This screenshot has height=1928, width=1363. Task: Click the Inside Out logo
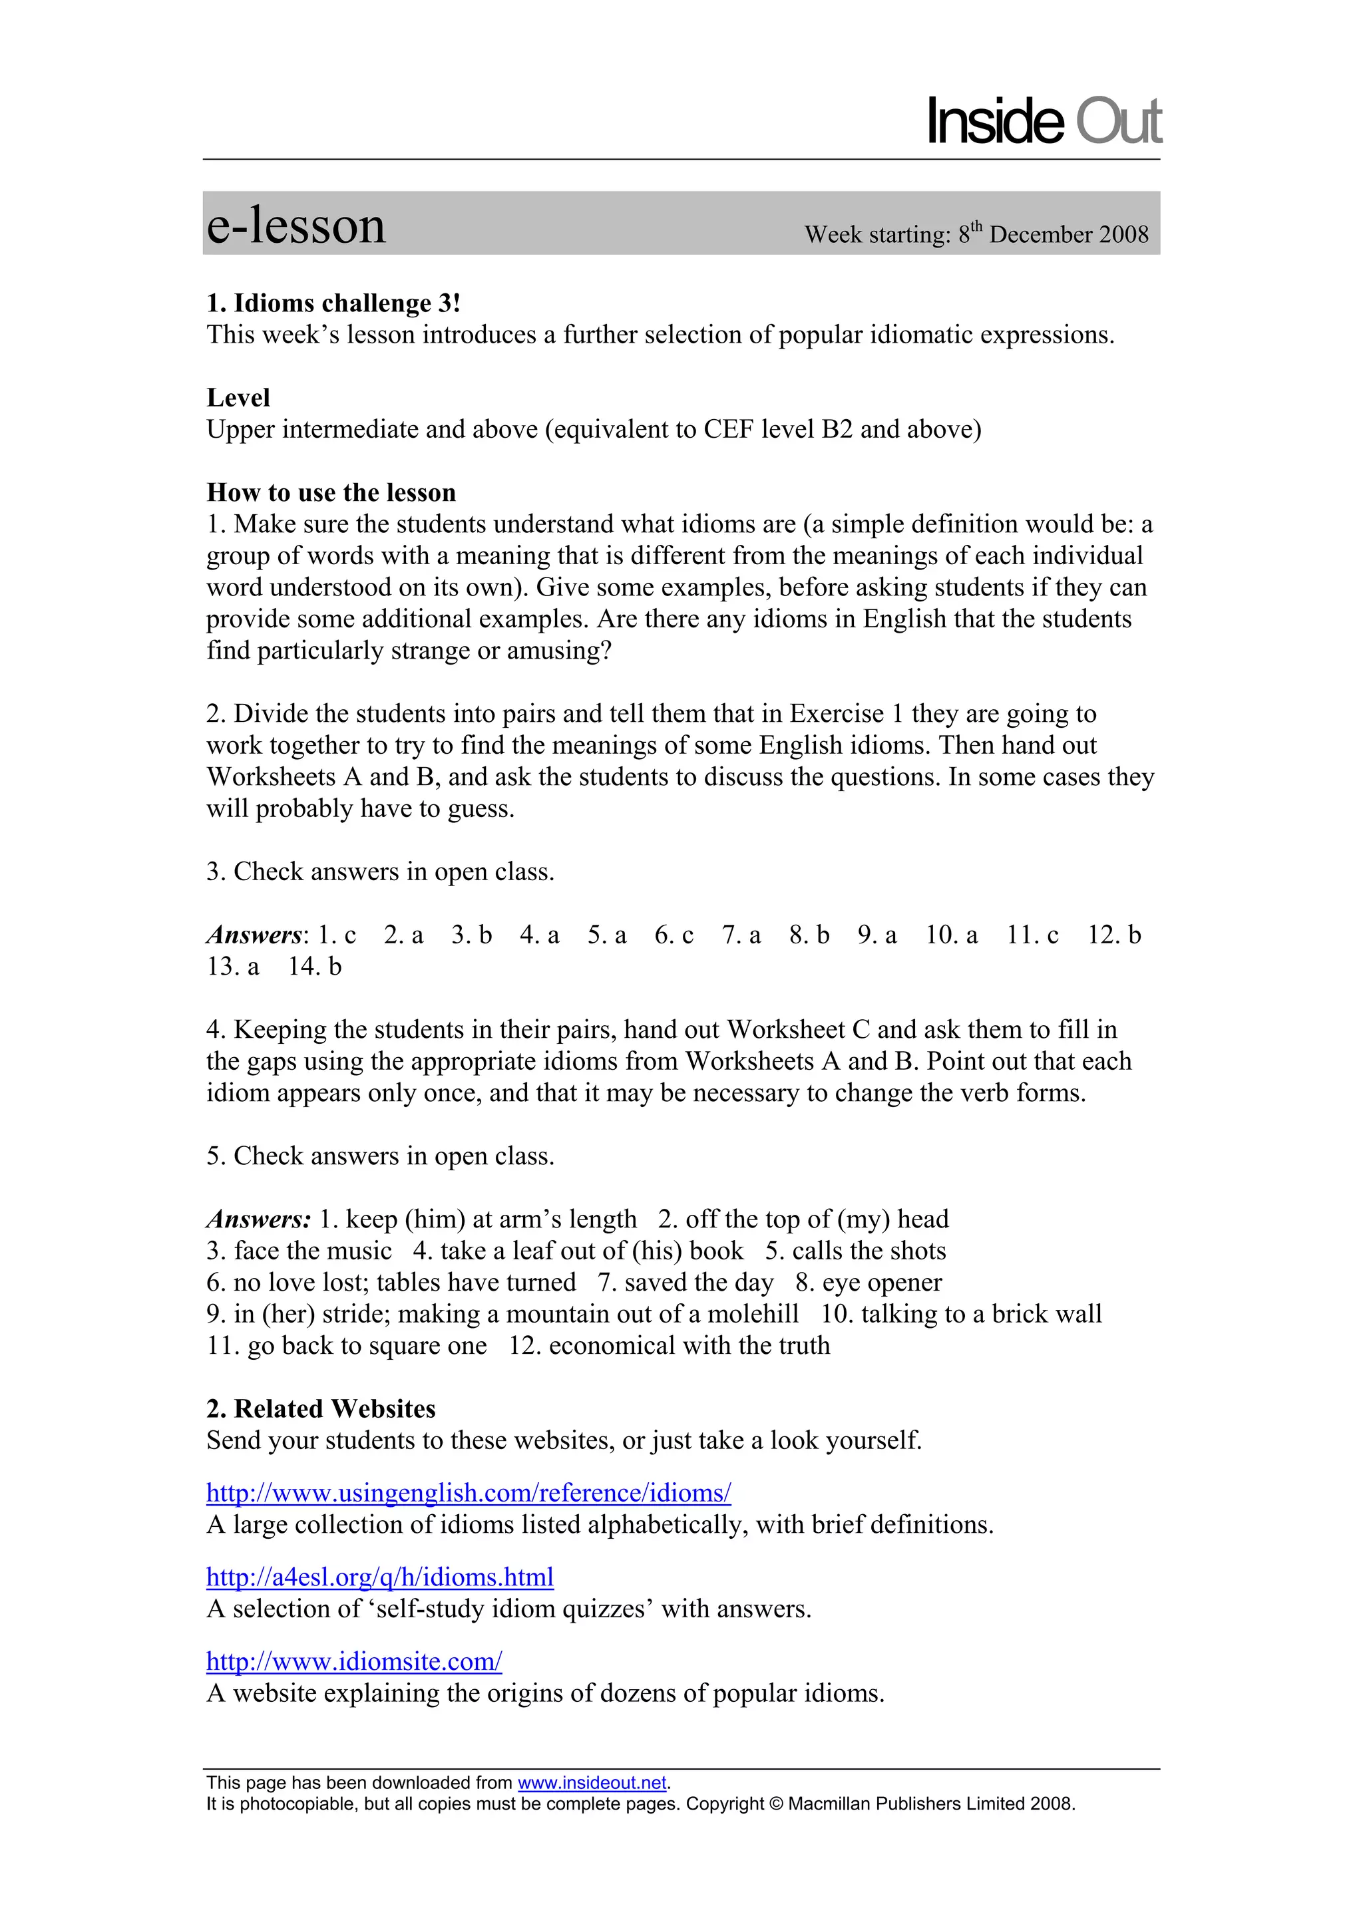tap(1043, 122)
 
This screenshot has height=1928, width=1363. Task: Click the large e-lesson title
tap(295, 226)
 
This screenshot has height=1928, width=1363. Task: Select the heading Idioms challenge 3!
tap(333, 303)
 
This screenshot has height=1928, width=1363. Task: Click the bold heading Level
tap(238, 398)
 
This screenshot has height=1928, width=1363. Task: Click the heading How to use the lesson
tap(331, 493)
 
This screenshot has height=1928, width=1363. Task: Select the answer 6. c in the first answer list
tap(674, 935)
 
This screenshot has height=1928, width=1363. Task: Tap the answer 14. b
tap(314, 967)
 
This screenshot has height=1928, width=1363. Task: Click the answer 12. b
tap(1113, 935)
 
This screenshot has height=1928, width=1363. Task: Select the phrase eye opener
tap(881, 1283)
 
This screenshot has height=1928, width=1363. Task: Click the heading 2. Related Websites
tap(321, 1409)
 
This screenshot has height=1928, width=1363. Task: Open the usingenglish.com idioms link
tap(469, 1493)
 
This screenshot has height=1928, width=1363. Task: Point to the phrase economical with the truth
tap(689, 1346)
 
